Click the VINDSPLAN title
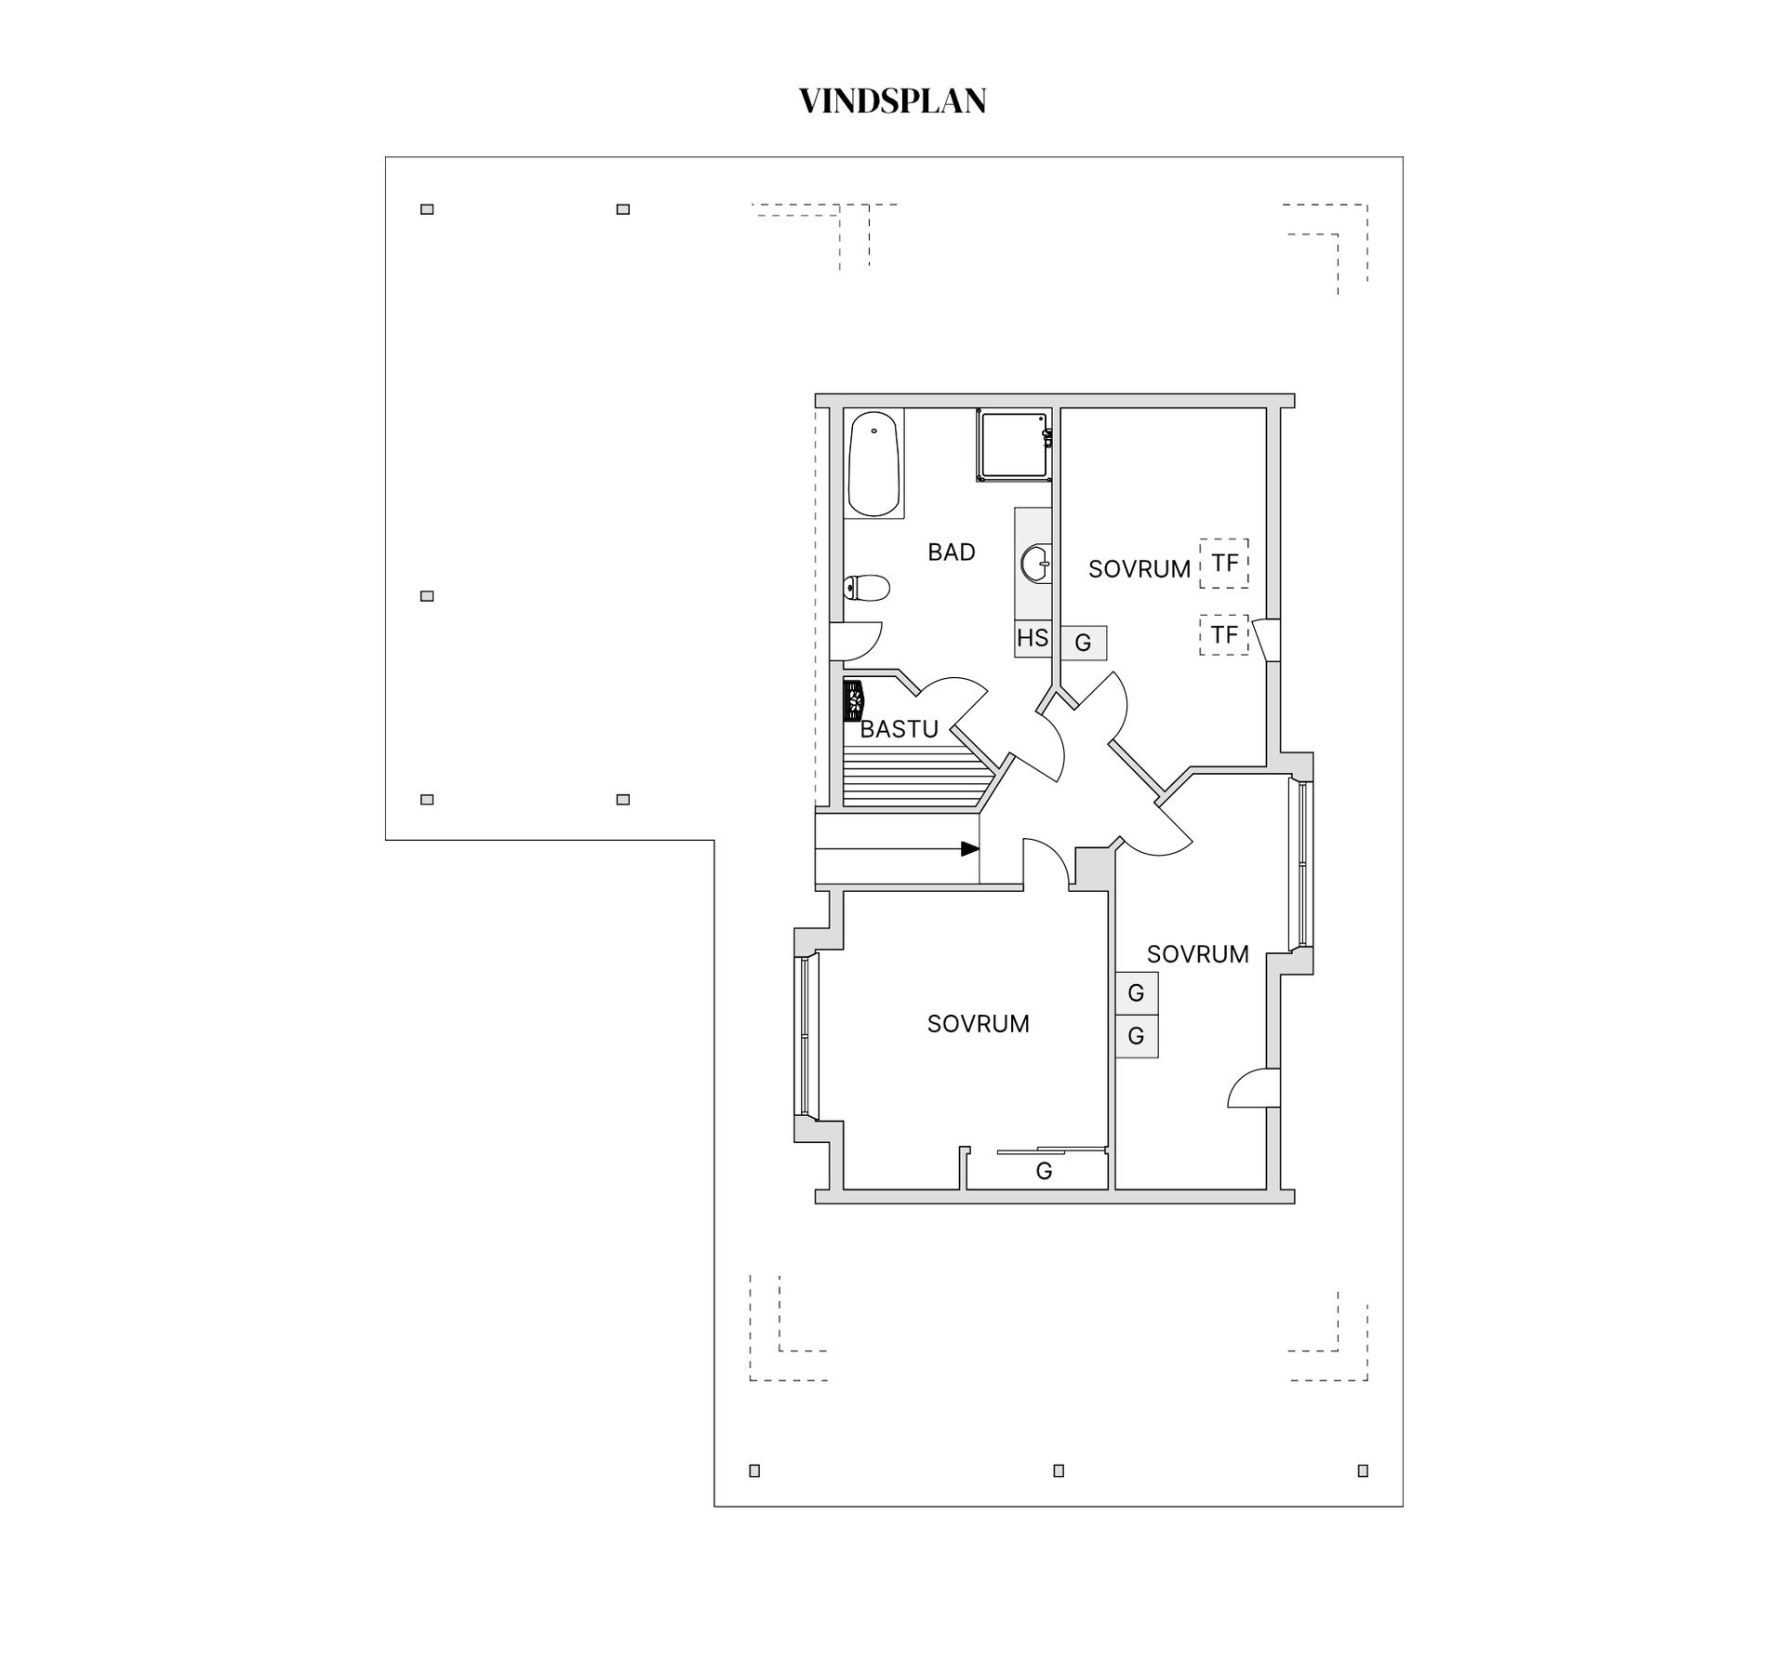pos(892,101)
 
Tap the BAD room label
pos(951,552)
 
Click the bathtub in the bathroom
pos(873,464)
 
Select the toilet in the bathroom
pos(867,588)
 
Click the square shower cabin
pos(1012,445)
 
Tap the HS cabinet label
pos(1032,639)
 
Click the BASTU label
pos(899,729)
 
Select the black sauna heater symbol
pos(853,701)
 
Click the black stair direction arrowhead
pos(969,849)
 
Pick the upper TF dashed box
pos(1223,564)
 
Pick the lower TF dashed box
pos(1223,635)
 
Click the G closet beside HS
pos(1083,643)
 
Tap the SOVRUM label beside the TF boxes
pos(1139,569)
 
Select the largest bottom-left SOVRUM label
pos(978,1024)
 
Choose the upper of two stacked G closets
pos(1136,993)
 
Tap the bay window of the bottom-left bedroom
pos(805,1035)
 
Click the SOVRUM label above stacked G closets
pos(1197,954)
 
